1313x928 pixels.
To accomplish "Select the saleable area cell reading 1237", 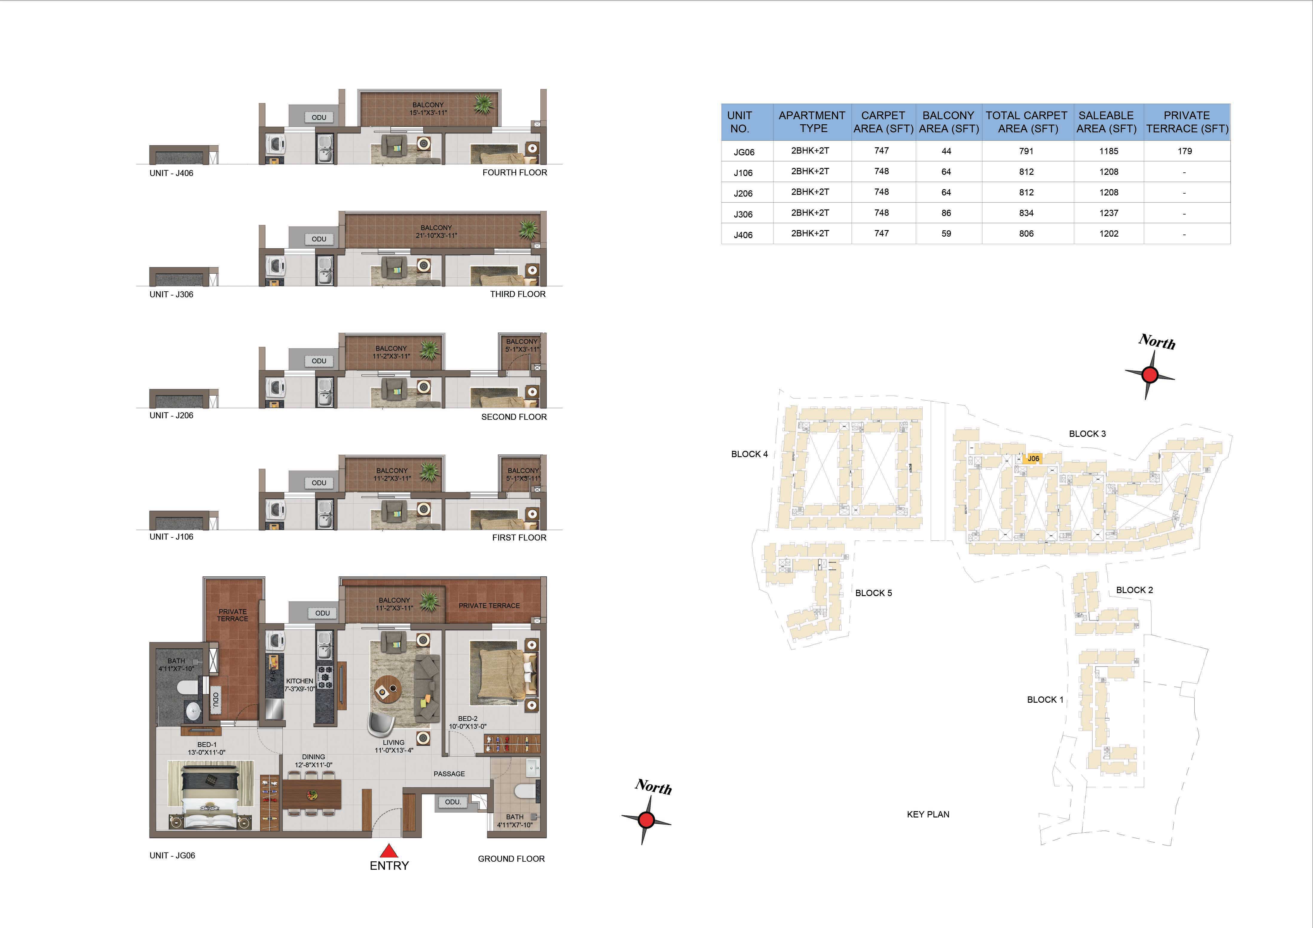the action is [1108, 213].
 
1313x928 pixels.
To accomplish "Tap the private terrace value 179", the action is [1184, 151].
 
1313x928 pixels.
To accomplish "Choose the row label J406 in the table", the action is [743, 235].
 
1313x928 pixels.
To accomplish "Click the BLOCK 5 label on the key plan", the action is [873, 593].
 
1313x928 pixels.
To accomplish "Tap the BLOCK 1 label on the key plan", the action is [1045, 699].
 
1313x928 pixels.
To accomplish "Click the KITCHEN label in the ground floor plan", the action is [300, 681].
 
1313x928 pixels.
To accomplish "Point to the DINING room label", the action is [314, 757].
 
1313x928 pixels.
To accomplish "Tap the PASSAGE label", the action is [449, 774].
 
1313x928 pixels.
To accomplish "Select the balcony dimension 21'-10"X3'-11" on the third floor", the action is [436, 235].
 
